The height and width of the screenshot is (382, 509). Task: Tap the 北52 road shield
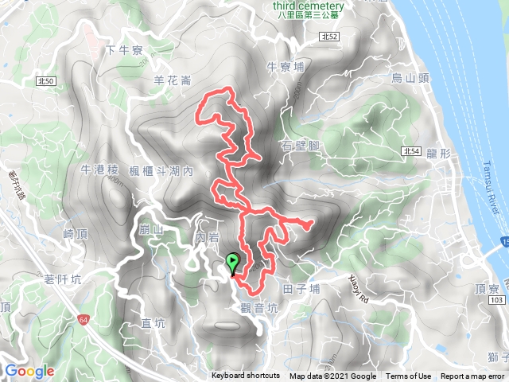pyautogui.click(x=332, y=37)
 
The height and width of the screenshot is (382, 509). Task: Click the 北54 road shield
pyautogui.click(x=410, y=150)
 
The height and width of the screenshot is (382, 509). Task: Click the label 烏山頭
pyautogui.click(x=410, y=77)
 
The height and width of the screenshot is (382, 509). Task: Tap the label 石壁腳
pyautogui.click(x=301, y=146)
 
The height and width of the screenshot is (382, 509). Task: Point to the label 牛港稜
pyautogui.click(x=100, y=170)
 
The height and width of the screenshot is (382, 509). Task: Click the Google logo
pyautogui.click(x=29, y=371)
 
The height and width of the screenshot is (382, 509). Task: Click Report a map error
pyautogui.click(x=473, y=376)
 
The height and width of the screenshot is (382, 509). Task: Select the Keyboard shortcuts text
pyautogui.click(x=246, y=376)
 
